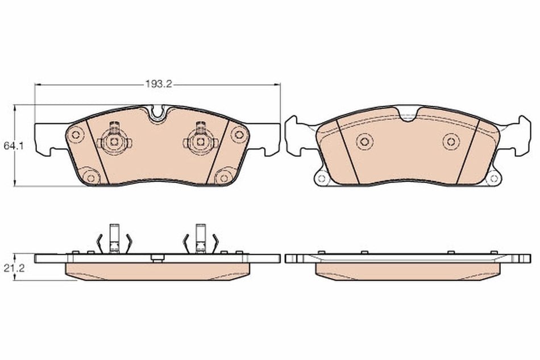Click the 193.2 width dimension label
[x=158, y=84]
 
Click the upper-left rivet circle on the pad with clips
[x=76, y=135]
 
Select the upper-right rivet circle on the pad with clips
[x=239, y=135]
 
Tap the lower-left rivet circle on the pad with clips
[x=89, y=176]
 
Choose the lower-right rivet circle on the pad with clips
[x=225, y=176]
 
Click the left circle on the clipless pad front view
[x=364, y=141]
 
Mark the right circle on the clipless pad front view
[x=451, y=141]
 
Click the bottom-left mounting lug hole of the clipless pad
[x=321, y=178]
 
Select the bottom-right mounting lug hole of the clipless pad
[x=494, y=178]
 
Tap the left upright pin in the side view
[x=114, y=237]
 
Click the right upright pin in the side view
[x=200, y=237]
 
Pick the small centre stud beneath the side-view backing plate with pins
[x=157, y=259]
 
